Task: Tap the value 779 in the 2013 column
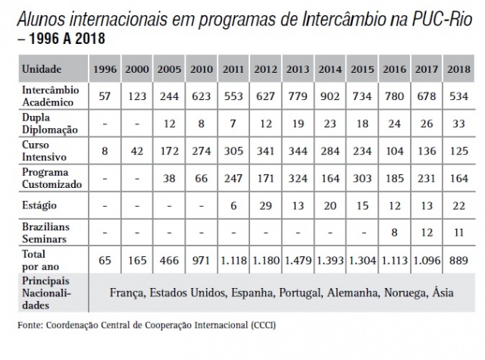(x=299, y=97)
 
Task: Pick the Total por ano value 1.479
(x=299, y=260)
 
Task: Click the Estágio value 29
(x=266, y=205)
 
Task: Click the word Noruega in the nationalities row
(x=391, y=292)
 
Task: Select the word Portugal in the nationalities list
(x=278, y=292)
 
